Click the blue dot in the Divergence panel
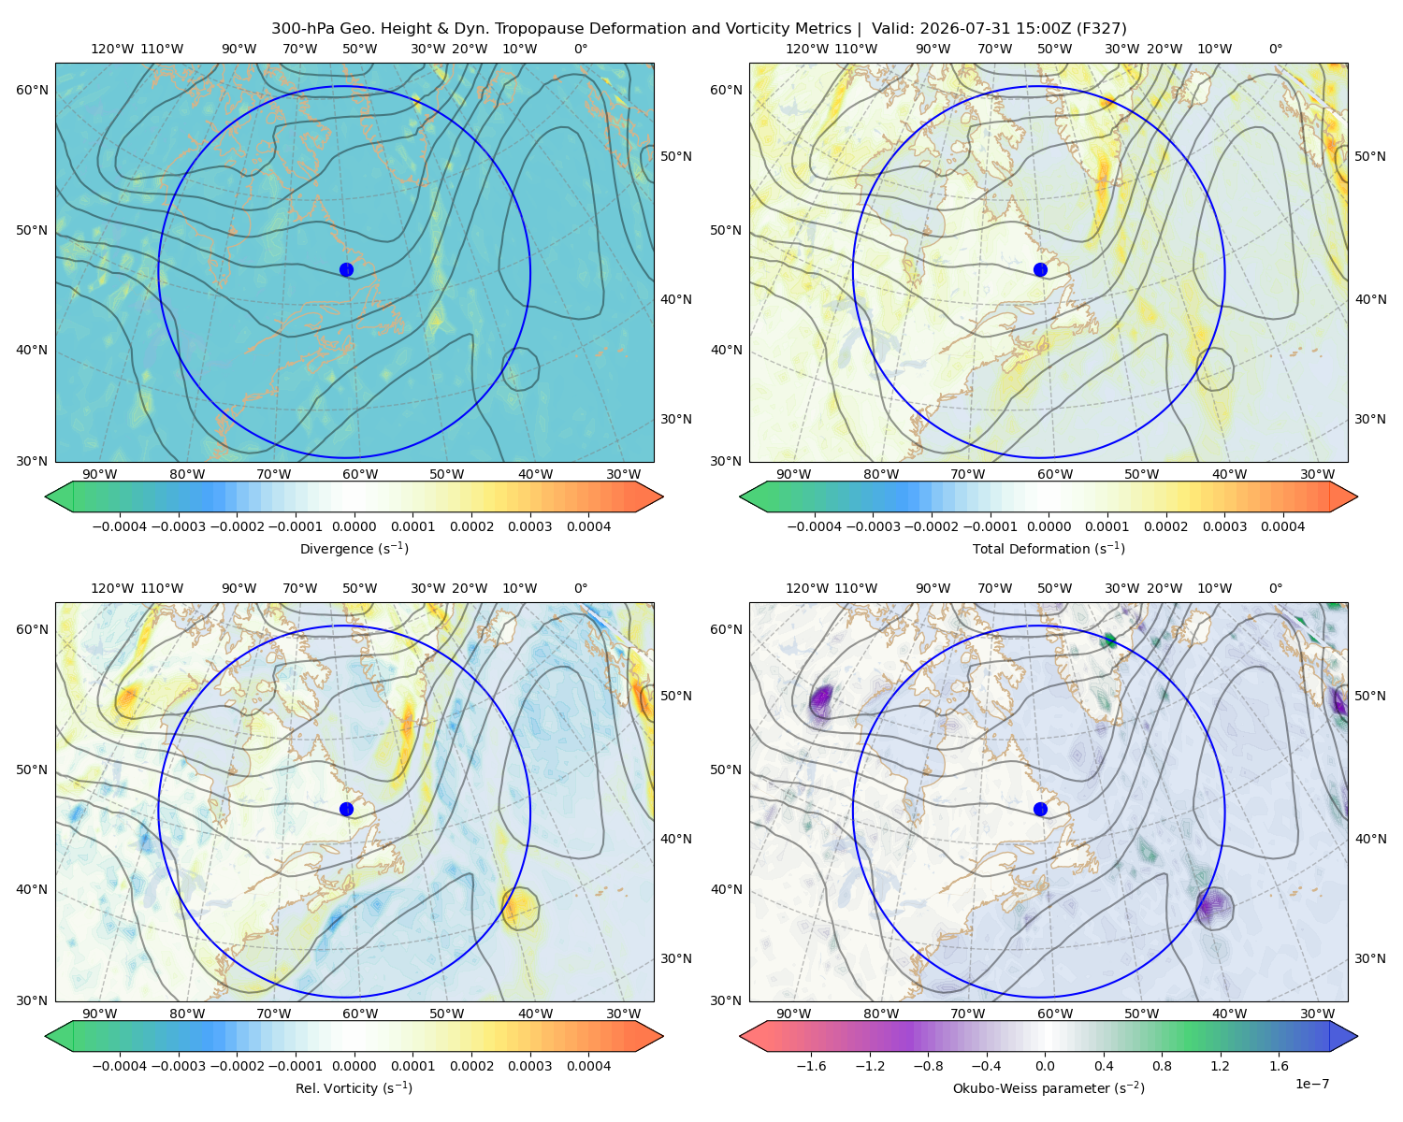pos(346,269)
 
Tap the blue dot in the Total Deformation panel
pos(1040,269)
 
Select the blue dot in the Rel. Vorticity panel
pos(346,809)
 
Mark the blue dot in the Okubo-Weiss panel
pos(1040,809)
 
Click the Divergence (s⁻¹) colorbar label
pos(354,548)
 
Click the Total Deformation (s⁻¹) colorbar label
pos(1049,548)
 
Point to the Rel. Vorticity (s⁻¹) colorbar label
pos(354,1087)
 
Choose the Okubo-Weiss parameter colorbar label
pos(1049,1087)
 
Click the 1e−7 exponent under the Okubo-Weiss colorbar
pos(1311,1084)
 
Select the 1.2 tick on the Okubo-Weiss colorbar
pos(1220,1065)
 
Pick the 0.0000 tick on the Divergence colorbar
pos(354,526)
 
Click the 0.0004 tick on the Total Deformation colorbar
pos(1282,526)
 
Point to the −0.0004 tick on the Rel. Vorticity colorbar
pos(120,1065)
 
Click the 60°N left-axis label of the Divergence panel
pos(32,90)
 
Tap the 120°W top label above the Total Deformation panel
pos(806,49)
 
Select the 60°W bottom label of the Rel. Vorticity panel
pos(360,1014)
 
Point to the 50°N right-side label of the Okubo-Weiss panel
pos(1370,695)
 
